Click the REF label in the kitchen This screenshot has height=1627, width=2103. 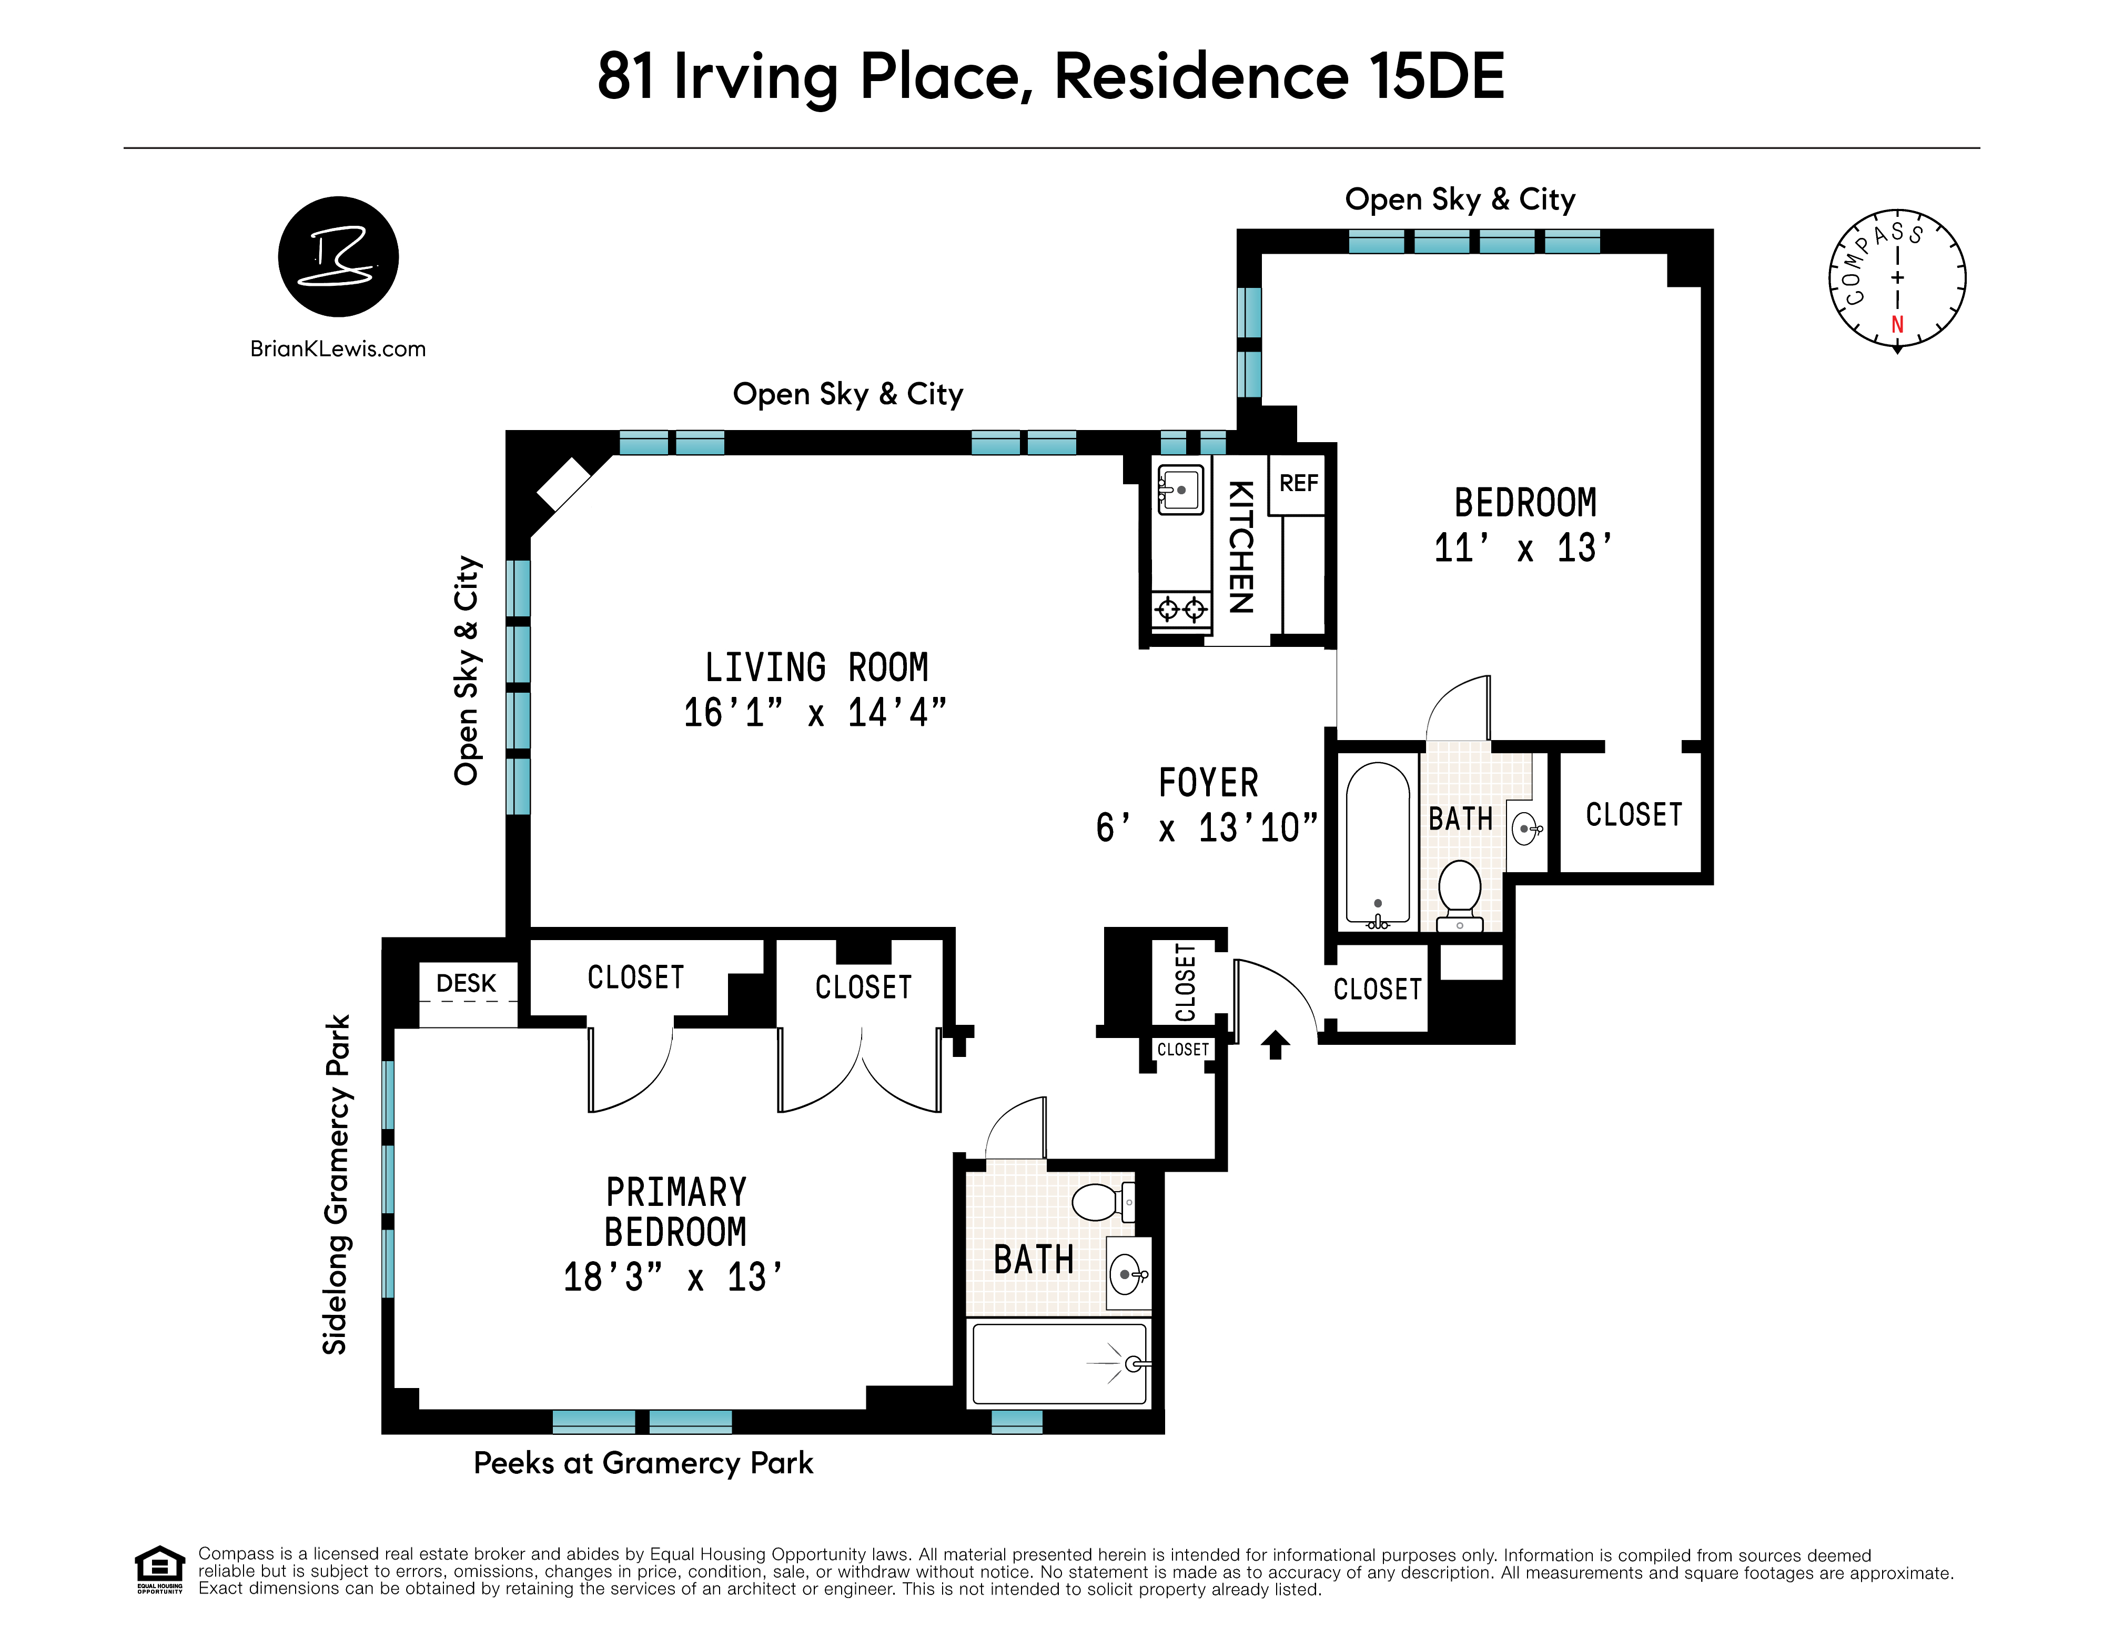(x=1298, y=484)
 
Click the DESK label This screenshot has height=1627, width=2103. (x=466, y=984)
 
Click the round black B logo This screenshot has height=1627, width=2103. (x=338, y=256)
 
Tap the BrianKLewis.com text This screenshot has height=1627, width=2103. (x=338, y=348)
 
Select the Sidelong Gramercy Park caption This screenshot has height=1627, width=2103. (x=336, y=1185)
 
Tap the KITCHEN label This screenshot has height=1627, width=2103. (x=1241, y=547)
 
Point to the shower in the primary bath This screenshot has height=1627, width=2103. (x=1059, y=1364)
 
